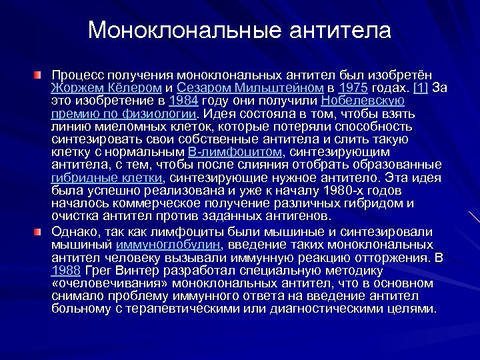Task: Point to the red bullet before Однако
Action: click(x=41, y=231)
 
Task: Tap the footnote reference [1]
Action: click(x=421, y=88)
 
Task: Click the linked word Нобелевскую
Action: click(x=363, y=101)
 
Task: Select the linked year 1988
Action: click(x=67, y=270)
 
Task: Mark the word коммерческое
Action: click(x=157, y=203)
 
